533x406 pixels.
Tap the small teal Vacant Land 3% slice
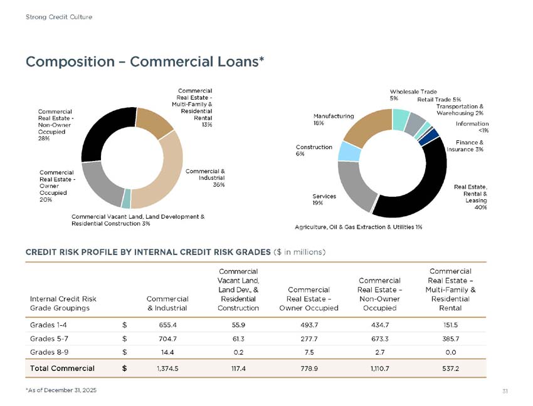[x=126, y=199]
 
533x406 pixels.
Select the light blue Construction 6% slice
[x=349, y=152]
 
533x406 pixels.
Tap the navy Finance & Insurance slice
[x=429, y=137]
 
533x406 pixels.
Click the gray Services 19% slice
[x=355, y=185]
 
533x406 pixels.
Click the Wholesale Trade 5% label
[x=413, y=95]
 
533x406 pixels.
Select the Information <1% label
[x=472, y=127]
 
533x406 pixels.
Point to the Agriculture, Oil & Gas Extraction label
[x=358, y=227]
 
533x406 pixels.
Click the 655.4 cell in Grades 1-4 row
[x=167, y=325]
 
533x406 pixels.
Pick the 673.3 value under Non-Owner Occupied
[x=380, y=339]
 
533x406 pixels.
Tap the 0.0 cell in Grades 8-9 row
[x=450, y=352]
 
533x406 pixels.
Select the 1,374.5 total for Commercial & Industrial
[x=167, y=368]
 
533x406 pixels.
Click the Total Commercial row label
[x=62, y=368]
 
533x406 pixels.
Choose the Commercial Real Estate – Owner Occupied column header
[x=309, y=299]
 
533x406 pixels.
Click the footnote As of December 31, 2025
[x=61, y=390]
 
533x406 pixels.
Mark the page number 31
[x=505, y=391]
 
